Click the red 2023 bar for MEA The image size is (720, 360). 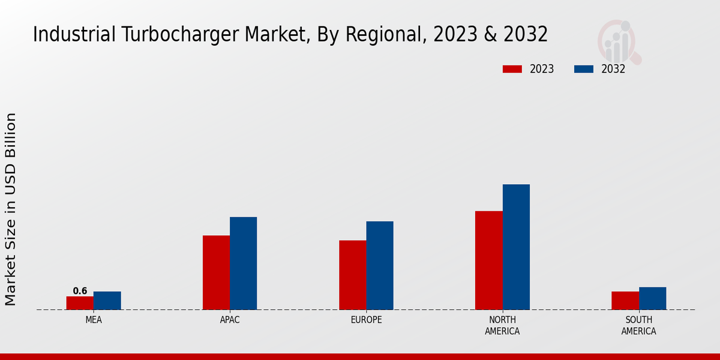80,303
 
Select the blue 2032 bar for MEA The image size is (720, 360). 107,301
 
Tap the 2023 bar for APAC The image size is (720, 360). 216,272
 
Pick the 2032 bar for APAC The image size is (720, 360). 244,263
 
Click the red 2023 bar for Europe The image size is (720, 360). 353,275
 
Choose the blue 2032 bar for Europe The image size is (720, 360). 380,265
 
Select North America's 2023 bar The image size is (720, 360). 489,260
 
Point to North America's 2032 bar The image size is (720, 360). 516,247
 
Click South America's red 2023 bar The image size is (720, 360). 625,301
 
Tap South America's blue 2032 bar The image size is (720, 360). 652,298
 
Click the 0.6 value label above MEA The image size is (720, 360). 80,291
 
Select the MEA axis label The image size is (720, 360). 94,320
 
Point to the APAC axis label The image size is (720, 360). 230,320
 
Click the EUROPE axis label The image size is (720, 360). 366,320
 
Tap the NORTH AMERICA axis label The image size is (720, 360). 502,325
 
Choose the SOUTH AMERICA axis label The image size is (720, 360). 638,325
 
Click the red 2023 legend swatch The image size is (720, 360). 512,69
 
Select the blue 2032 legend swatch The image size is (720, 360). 584,69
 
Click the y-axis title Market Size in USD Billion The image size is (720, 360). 11,209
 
